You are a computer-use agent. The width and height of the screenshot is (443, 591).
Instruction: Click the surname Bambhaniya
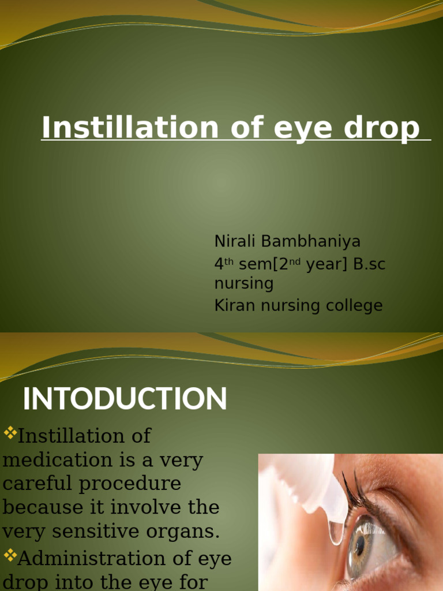point(311,241)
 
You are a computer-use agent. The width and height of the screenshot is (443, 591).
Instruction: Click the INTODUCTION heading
point(125,399)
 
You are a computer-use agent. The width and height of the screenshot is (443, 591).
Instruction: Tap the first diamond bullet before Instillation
point(10,433)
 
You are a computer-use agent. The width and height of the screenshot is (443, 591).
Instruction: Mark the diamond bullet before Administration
point(10,556)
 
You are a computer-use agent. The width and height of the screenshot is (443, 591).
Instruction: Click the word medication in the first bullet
point(57,460)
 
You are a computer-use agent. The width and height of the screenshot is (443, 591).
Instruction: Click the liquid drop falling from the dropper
point(336,532)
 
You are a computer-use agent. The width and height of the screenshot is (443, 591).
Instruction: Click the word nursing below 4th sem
point(243,283)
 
